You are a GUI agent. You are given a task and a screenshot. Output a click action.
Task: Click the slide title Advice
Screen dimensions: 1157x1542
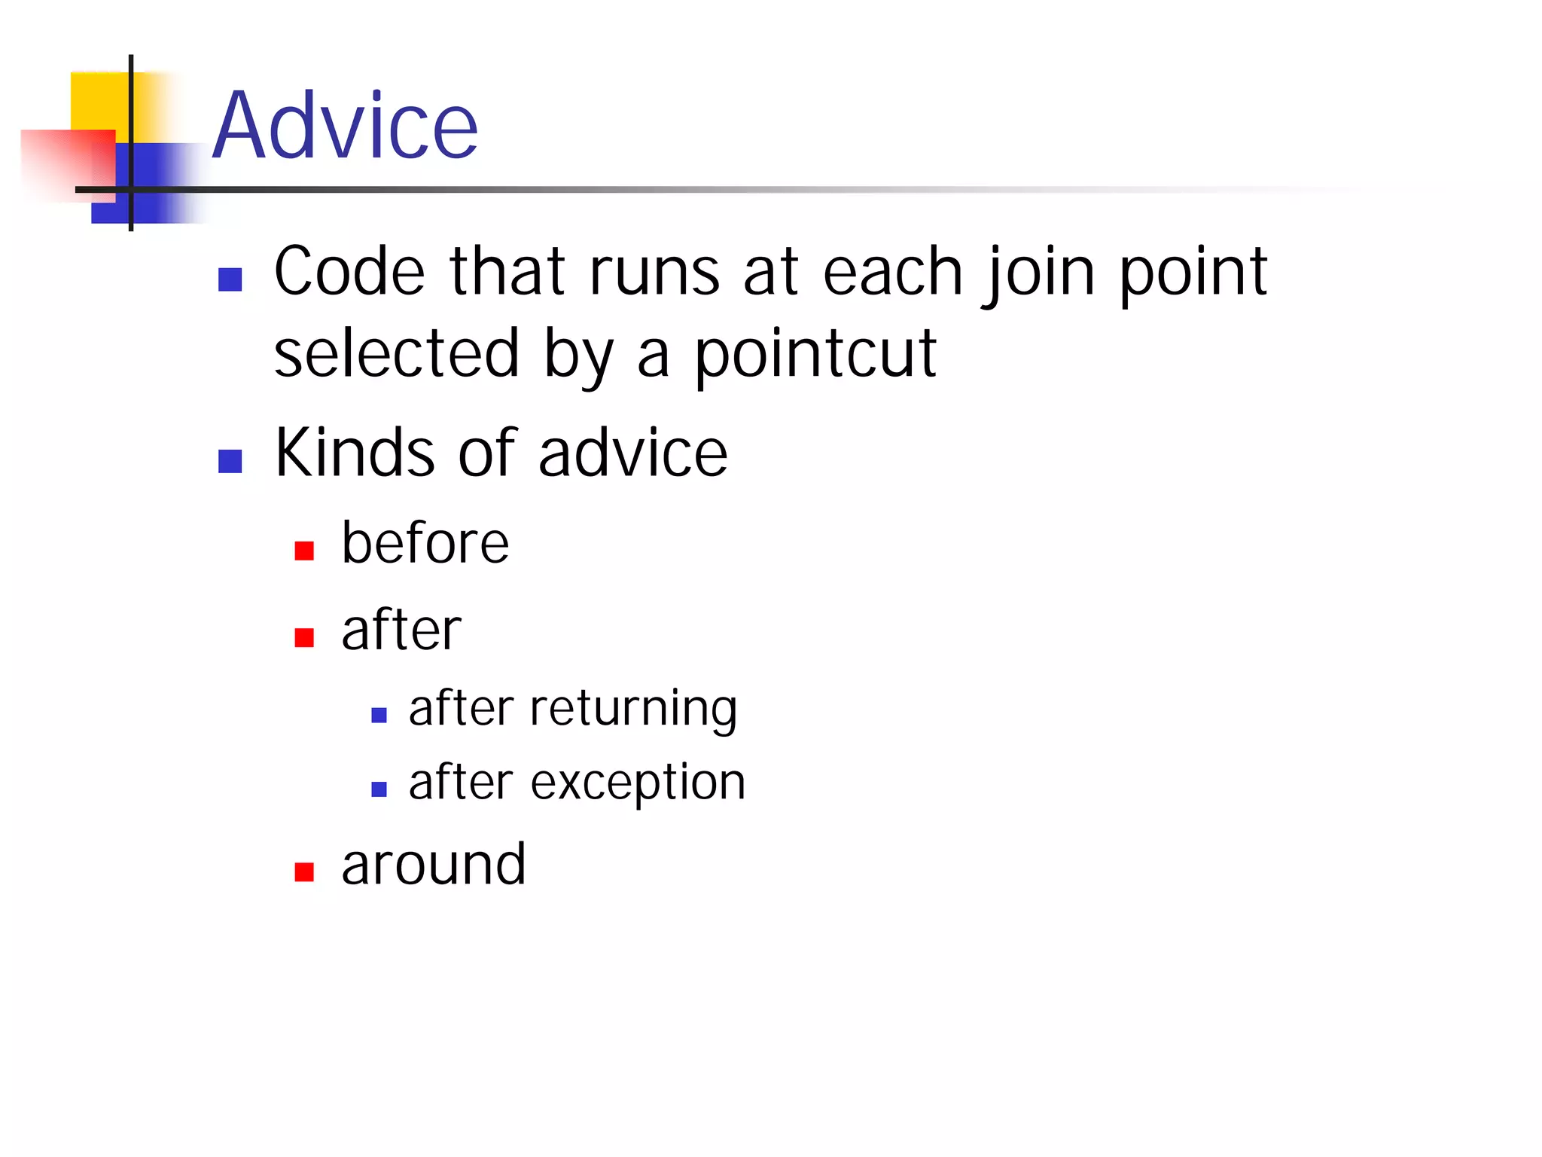tap(345, 126)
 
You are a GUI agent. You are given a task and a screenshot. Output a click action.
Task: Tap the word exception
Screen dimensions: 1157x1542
tap(638, 783)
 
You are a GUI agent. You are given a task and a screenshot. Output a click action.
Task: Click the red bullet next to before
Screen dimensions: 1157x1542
tap(304, 551)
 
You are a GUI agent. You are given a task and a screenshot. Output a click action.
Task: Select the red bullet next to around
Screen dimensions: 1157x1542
tap(304, 872)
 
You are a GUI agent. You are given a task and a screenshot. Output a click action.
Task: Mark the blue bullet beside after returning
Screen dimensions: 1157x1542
tap(379, 715)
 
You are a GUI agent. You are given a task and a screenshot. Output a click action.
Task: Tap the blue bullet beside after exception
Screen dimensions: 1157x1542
tap(379, 789)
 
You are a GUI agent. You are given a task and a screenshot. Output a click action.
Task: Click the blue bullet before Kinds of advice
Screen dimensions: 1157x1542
tap(230, 461)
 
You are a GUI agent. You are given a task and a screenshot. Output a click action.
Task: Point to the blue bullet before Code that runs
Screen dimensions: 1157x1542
tap(230, 279)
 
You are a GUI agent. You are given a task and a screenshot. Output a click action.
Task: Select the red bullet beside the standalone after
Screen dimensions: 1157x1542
tap(304, 638)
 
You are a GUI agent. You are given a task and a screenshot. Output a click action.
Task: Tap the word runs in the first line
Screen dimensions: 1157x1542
tap(654, 273)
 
